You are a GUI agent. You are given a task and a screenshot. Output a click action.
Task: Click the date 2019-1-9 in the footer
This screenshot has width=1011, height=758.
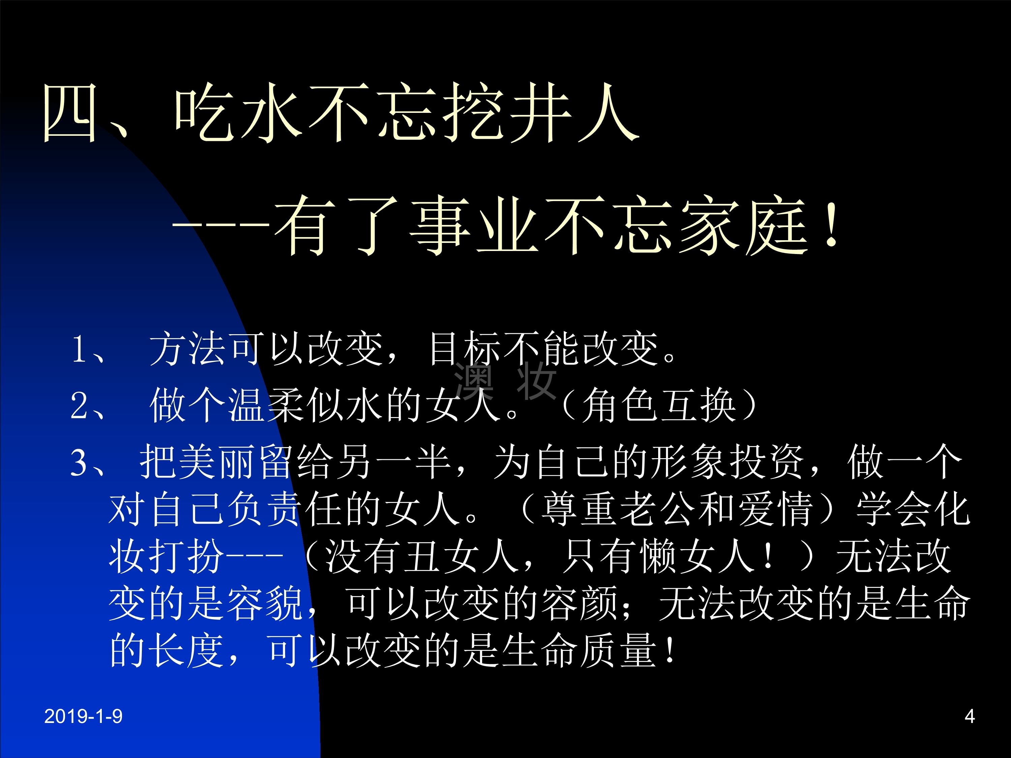click(x=83, y=716)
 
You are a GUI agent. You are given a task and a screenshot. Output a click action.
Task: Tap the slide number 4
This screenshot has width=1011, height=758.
click(x=970, y=716)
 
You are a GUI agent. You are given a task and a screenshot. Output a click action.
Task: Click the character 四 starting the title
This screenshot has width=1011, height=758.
click(x=70, y=113)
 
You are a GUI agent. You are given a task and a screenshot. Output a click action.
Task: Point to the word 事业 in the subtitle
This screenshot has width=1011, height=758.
click(x=475, y=225)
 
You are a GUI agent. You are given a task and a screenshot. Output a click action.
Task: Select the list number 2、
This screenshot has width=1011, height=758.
click(x=89, y=405)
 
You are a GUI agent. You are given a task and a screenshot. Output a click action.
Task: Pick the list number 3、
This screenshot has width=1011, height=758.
click(x=89, y=463)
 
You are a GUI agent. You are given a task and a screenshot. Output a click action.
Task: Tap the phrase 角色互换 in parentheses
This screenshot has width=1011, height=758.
click(x=658, y=405)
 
